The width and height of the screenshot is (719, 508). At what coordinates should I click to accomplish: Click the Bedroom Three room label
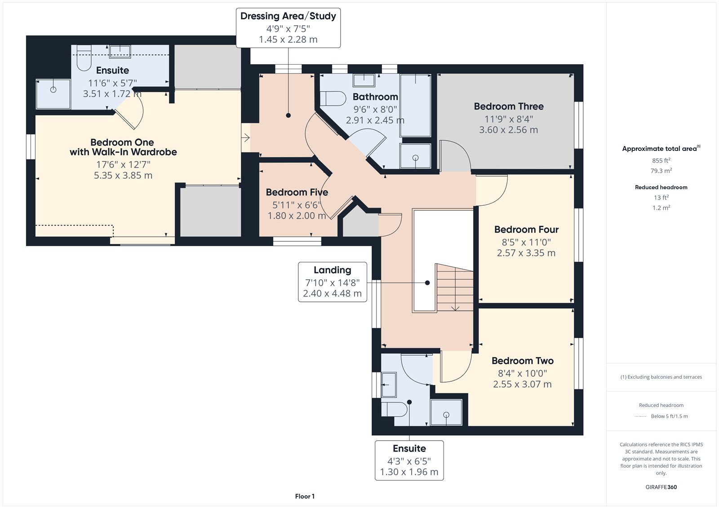(x=509, y=106)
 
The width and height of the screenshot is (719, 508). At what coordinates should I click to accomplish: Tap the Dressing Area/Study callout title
(x=288, y=16)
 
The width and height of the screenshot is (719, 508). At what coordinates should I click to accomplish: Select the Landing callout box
(x=333, y=282)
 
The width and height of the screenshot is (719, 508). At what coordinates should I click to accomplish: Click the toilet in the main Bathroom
(x=333, y=98)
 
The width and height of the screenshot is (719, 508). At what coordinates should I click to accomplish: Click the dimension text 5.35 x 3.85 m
(x=123, y=176)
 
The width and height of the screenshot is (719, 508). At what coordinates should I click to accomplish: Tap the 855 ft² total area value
(x=661, y=160)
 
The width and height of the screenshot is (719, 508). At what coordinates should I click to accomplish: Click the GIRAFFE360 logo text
(x=661, y=487)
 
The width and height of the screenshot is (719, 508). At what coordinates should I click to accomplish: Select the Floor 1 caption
(x=305, y=496)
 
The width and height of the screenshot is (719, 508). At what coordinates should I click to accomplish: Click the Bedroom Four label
(x=526, y=230)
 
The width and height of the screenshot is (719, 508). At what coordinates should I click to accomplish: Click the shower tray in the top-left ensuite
(x=53, y=94)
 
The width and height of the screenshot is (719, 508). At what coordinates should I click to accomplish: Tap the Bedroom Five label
(x=297, y=192)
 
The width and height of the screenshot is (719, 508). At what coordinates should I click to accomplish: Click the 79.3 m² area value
(x=661, y=171)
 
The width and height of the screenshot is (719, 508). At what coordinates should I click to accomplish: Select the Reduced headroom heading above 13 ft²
(x=661, y=187)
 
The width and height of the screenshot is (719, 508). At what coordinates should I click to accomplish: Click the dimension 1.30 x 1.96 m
(x=409, y=472)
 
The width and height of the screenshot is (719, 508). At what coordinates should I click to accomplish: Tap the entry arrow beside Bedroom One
(x=245, y=137)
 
